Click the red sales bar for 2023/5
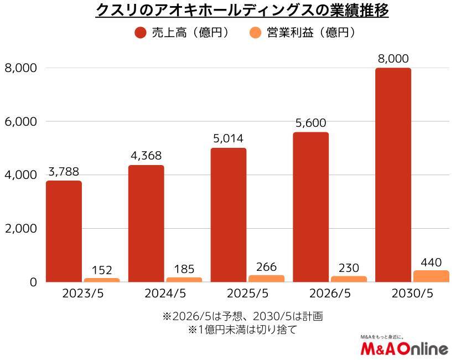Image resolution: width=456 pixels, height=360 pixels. [64, 232]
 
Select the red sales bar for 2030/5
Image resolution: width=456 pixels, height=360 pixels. [393, 175]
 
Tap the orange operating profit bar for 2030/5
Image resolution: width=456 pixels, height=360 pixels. [431, 276]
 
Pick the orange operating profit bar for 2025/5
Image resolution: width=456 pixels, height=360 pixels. [266, 279]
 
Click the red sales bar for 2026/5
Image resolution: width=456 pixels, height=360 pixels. [310, 207]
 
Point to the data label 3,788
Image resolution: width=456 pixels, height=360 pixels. [64, 172]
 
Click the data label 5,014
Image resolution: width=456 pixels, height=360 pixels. [228, 138]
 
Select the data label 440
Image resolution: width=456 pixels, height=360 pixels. [431, 260]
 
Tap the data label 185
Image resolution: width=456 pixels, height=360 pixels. [184, 269]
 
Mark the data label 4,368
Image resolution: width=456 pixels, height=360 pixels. [146, 156]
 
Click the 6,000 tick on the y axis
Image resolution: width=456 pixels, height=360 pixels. [20, 121]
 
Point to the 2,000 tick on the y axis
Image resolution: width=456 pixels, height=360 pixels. [20, 229]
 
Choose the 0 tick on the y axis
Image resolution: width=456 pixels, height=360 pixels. [32, 282]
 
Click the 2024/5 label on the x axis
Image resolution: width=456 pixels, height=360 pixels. [165, 294]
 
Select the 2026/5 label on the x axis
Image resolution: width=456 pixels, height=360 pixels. [329, 294]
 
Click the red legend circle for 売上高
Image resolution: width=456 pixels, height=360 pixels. [141, 33]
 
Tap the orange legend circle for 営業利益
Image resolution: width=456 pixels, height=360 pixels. [255, 33]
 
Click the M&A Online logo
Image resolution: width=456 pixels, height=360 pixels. [403, 347]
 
